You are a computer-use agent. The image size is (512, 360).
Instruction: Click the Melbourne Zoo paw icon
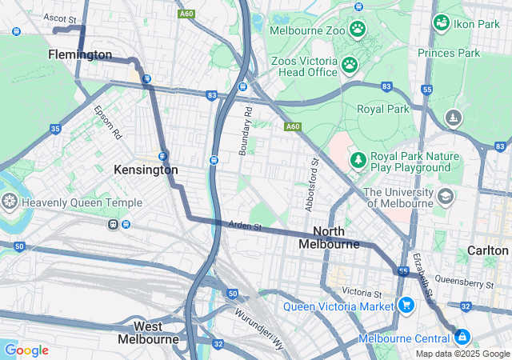pyautogui.click(x=357, y=30)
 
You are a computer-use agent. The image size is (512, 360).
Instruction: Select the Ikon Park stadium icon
pyautogui.click(x=441, y=22)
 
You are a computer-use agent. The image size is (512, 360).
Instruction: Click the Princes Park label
pyautogui.click(x=449, y=53)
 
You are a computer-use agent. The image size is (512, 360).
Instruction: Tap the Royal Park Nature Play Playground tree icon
pyautogui.click(x=357, y=161)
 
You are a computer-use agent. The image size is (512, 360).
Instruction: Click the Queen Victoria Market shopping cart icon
pyautogui.click(x=406, y=306)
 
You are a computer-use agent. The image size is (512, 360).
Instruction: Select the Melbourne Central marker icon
pyautogui.click(x=461, y=338)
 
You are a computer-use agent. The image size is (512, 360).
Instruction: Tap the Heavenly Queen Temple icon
pyautogui.click(x=10, y=202)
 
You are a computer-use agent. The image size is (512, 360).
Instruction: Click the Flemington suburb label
pyautogui.click(x=80, y=54)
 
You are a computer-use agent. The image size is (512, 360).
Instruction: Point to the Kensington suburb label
pyautogui.click(x=146, y=170)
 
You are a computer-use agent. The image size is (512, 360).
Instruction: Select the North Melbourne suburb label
pyautogui.click(x=329, y=237)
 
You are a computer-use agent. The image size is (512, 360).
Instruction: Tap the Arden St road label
pyautogui.click(x=245, y=227)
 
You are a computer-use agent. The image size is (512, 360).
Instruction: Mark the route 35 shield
pyautogui.click(x=55, y=128)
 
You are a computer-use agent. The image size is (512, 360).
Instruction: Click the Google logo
pyautogui.click(x=26, y=350)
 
